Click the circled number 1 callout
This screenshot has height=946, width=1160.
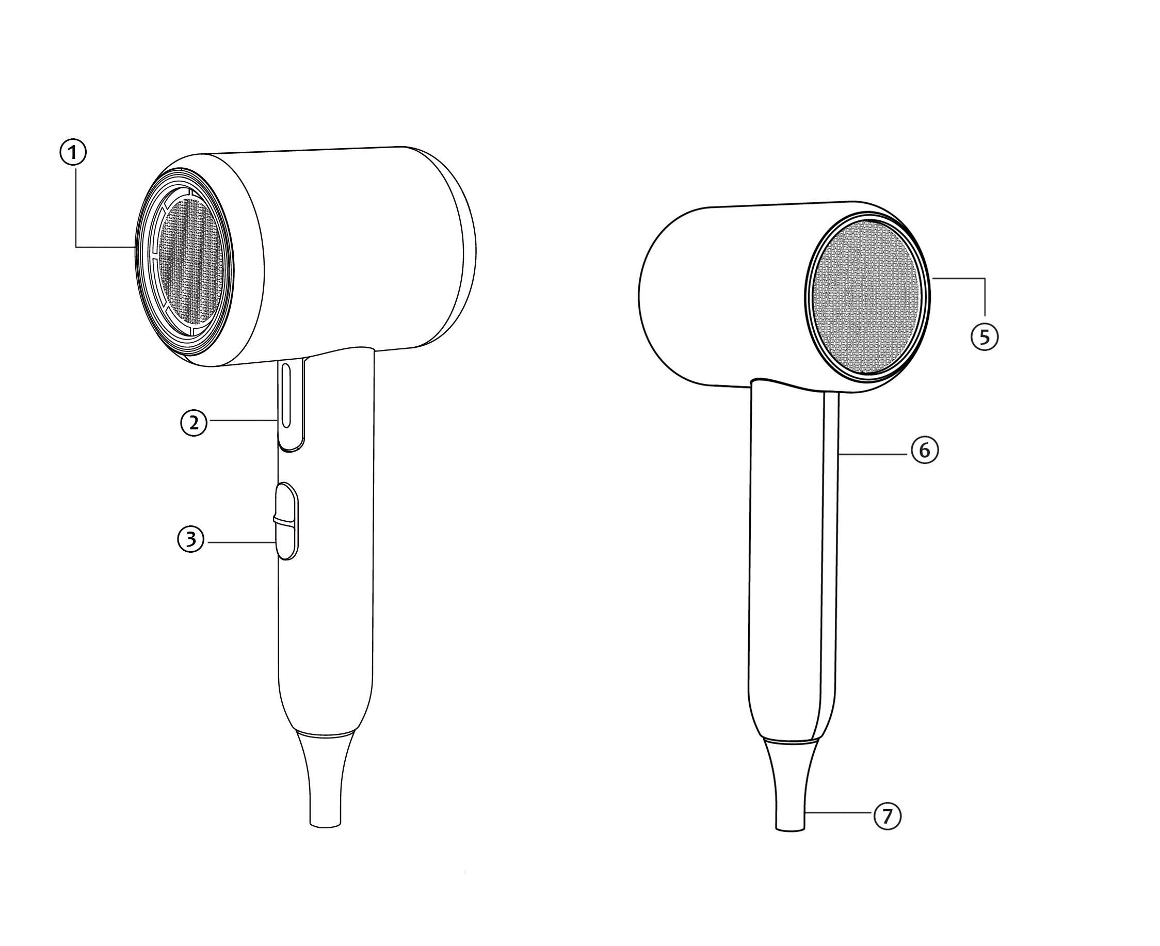[x=72, y=153]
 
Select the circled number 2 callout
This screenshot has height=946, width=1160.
[x=194, y=423]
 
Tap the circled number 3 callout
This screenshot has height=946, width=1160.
[x=191, y=539]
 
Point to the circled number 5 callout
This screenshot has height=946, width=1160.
[x=985, y=338]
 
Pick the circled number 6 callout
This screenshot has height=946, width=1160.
[x=925, y=451]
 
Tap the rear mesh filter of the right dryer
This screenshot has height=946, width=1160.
[x=867, y=297]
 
